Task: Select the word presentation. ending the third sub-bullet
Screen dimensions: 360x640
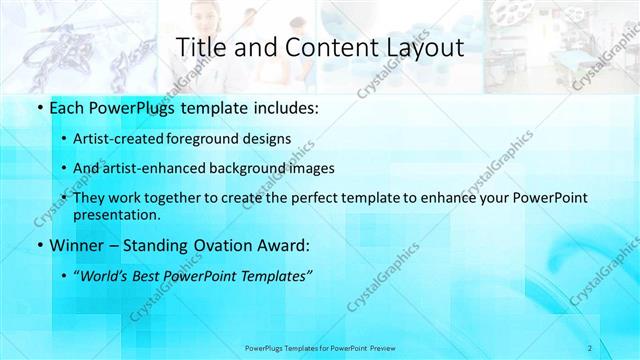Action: click(x=118, y=215)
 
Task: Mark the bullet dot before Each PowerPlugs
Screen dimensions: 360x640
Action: click(x=39, y=107)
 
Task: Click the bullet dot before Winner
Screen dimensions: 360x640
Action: click(x=39, y=245)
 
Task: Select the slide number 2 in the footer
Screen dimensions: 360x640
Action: click(x=590, y=347)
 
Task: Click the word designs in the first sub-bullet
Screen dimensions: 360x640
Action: click(x=270, y=138)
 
